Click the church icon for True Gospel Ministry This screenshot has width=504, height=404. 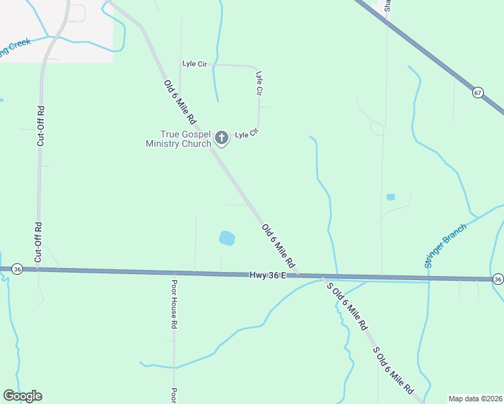(x=221, y=139)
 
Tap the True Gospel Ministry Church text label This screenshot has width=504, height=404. (x=174, y=139)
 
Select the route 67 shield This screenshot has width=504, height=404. (x=477, y=92)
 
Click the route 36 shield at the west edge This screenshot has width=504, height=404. (x=18, y=269)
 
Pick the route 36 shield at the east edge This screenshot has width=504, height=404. (x=497, y=279)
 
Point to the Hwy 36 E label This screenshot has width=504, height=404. (x=268, y=275)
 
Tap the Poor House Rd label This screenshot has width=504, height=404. (x=173, y=304)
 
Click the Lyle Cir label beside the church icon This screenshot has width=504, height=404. (x=246, y=135)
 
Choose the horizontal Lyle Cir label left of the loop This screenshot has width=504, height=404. (x=194, y=64)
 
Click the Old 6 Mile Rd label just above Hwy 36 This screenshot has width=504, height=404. (x=279, y=244)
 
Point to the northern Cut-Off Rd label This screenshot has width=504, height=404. (x=40, y=126)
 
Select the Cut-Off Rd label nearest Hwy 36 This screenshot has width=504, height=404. (x=38, y=242)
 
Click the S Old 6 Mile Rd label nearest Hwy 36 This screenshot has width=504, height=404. (x=347, y=305)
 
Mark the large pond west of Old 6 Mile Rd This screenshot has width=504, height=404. (x=227, y=238)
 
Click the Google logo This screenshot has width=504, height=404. (x=22, y=396)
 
